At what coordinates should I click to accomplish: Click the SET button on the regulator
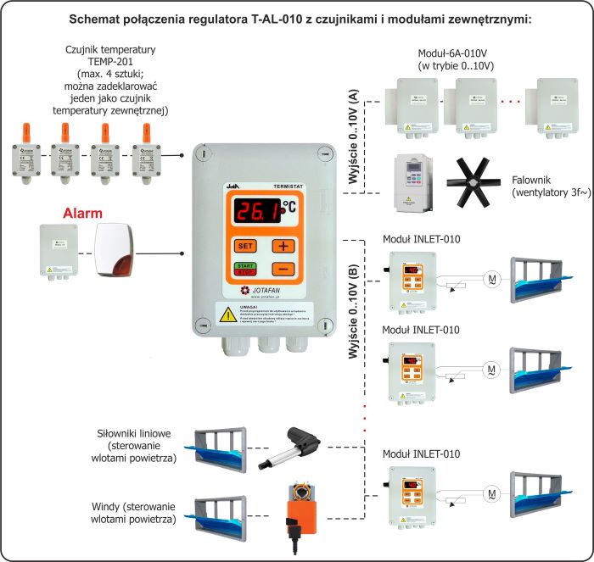pos(245,246)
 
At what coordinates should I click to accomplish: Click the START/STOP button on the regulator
pos(245,270)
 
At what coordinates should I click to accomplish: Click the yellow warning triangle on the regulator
pos(229,314)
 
